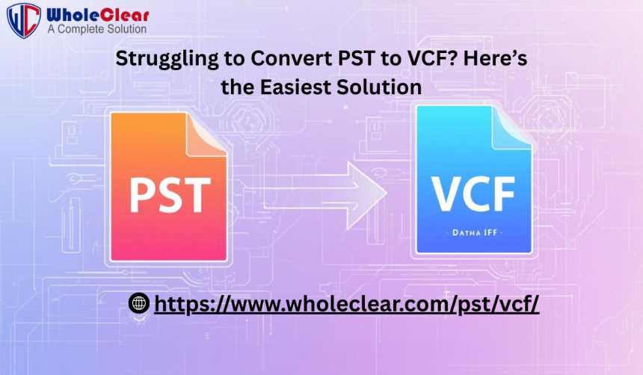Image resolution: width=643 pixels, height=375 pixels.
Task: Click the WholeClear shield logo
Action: coord(24,20)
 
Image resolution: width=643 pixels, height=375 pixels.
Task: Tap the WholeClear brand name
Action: coord(98,15)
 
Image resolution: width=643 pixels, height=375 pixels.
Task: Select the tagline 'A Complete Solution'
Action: coord(96,29)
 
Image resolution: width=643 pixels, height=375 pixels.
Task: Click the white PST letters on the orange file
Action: coord(170,196)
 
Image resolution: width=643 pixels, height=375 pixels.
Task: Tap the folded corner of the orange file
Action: coord(206,135)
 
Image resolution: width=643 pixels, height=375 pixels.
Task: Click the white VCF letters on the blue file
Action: coord(473,193)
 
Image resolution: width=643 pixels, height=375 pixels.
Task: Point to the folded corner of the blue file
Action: coord(511,127)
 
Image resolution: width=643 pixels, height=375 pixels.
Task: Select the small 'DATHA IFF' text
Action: coord(475,233)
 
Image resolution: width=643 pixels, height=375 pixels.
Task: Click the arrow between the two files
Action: coord(324,195)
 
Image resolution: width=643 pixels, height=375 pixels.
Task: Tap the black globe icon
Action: coord(139,303)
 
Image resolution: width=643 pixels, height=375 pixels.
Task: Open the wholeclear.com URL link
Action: coord(346,304)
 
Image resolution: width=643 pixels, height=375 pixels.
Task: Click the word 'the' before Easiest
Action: coord(238,87)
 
